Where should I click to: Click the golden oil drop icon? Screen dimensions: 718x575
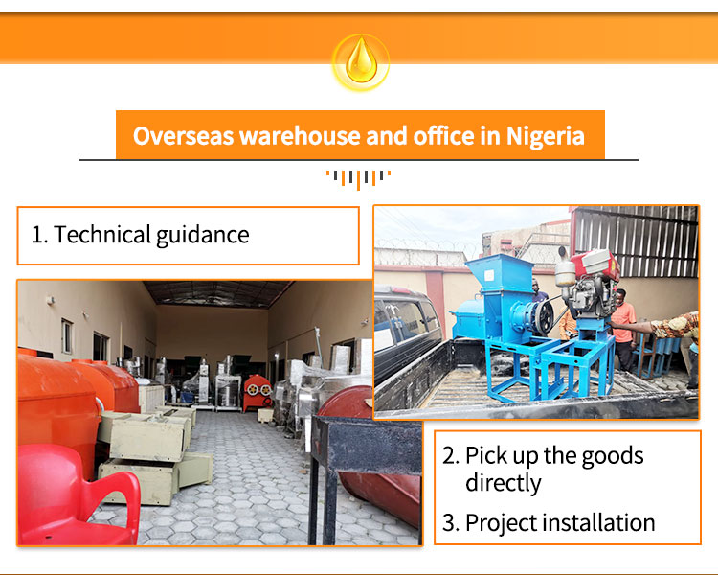pyautogui.click(x=361, y=62)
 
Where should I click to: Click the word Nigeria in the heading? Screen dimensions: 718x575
pyautogui.click(x=545, y=136)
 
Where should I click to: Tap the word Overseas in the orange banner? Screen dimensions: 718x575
pyautogui.click(x=183, y=136)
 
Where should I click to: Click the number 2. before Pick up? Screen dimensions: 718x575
pyautogui.click(x=451, y=456)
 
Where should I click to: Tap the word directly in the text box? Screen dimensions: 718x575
pyautogui.click(x=504, y=483)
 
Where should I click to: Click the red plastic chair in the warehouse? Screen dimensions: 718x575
pyautogui.click(x=77, y=495)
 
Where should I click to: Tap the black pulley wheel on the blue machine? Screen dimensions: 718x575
pyautogui.click(x=543, y=316)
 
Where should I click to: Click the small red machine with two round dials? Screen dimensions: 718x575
pyautogui.click(x=257, y=393)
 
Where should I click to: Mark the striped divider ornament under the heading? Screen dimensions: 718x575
pyautogui.click(x=359, y=179)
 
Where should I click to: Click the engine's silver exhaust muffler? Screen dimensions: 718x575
pyautogui.click(x=565, y=269)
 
